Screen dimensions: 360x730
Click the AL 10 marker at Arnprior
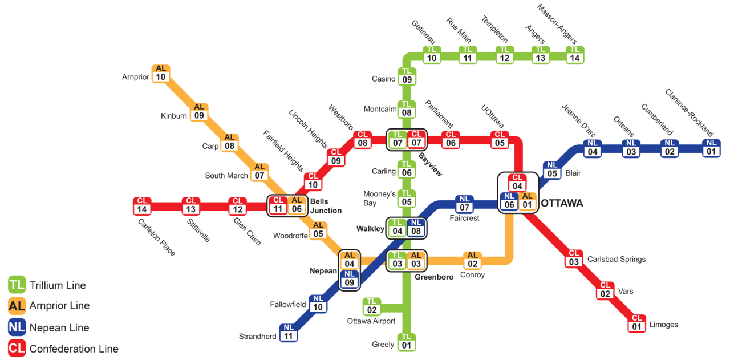point(161,73)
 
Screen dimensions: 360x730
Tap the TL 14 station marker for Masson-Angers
point(575,54)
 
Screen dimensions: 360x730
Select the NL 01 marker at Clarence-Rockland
point(711,148)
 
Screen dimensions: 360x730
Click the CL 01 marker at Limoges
point(638,323)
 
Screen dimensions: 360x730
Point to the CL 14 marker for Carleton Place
point(143,205)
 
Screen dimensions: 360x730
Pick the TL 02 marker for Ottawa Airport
point(372,306)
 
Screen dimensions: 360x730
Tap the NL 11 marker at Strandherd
point(289,332)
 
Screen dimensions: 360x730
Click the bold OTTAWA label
point(562,203)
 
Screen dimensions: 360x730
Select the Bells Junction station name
point(326,206)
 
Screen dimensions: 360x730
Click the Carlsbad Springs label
point(617,259)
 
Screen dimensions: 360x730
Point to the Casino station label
point(383,79)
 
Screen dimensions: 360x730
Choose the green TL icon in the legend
point(17,285)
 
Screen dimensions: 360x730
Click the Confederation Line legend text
point(74,349)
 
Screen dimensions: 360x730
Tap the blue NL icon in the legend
point(17,327)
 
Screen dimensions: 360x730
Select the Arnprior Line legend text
point(59,306)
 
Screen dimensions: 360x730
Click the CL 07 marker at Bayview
point(416,139)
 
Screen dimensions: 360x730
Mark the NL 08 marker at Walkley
point(416,227)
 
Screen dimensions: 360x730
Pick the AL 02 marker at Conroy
point(472,260)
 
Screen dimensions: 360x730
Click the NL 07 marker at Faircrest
point(464,204)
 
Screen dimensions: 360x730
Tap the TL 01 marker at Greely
point(407,341)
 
